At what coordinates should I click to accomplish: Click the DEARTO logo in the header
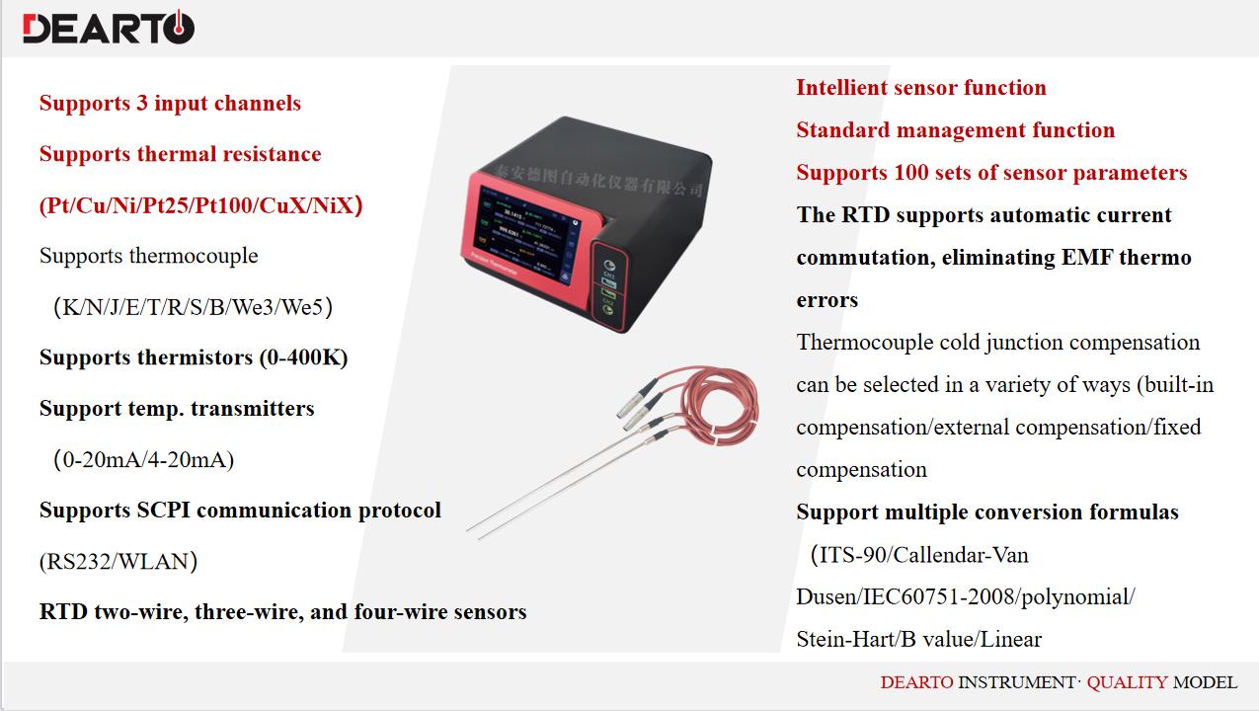click(x=109, y=27)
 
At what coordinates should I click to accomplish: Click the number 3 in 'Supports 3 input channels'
click(x=141, y=103)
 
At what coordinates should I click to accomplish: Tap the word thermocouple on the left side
click(x=194, y=256)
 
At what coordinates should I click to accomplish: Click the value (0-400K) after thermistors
click(x=303, y=357)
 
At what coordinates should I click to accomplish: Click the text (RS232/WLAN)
click(x=118, y=562)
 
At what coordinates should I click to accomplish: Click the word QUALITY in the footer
click(x=1127, y=682)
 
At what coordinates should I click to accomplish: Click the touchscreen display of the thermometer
click(x=526, y=235)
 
